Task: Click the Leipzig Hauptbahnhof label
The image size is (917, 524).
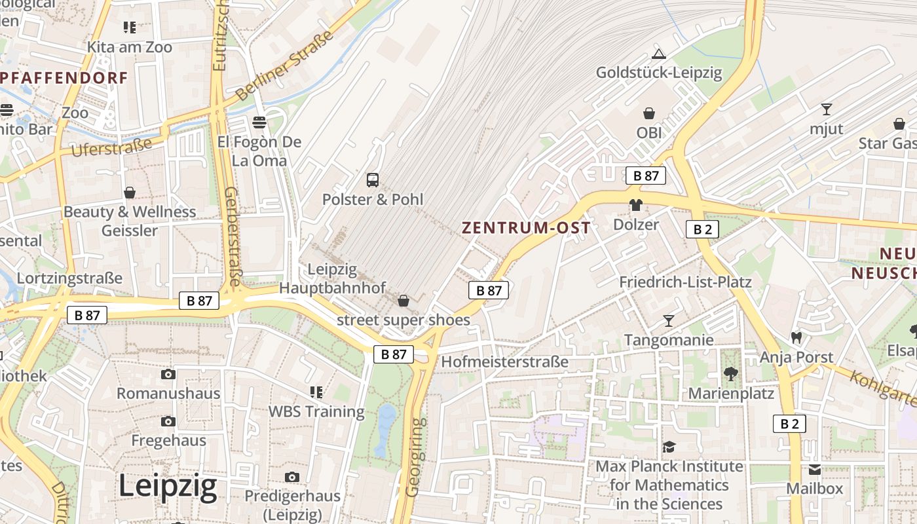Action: tap(333, 278)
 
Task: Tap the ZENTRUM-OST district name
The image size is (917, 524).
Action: tap(526, 228)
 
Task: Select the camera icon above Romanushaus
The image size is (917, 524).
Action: tap(168, 374)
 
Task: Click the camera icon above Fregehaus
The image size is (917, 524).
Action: tap(168, 421)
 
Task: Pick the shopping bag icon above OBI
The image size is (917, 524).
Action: tap(649, 113)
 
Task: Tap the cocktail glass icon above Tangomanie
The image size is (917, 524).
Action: tap(668, 320)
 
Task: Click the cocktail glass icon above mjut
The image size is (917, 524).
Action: tap(827, 109)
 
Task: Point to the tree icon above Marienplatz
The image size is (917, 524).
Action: tap(731, 374)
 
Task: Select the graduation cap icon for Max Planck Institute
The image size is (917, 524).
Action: tap(669, 447)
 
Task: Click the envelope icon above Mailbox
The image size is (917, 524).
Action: tap(815, 469)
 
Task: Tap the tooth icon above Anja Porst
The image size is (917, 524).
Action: tap(796, 337)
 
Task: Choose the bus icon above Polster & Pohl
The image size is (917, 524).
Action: tap(373, 179)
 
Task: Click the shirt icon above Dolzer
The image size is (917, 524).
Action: tap(635, 205)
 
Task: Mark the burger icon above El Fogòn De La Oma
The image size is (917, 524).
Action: tap(259, 122)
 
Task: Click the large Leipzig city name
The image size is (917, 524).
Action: tap(168, 486)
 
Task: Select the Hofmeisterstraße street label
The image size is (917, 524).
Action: tap(504, 362)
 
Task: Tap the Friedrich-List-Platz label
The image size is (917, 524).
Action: tap(685, 282)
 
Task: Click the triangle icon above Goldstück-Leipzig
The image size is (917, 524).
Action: tap(658, 54)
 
